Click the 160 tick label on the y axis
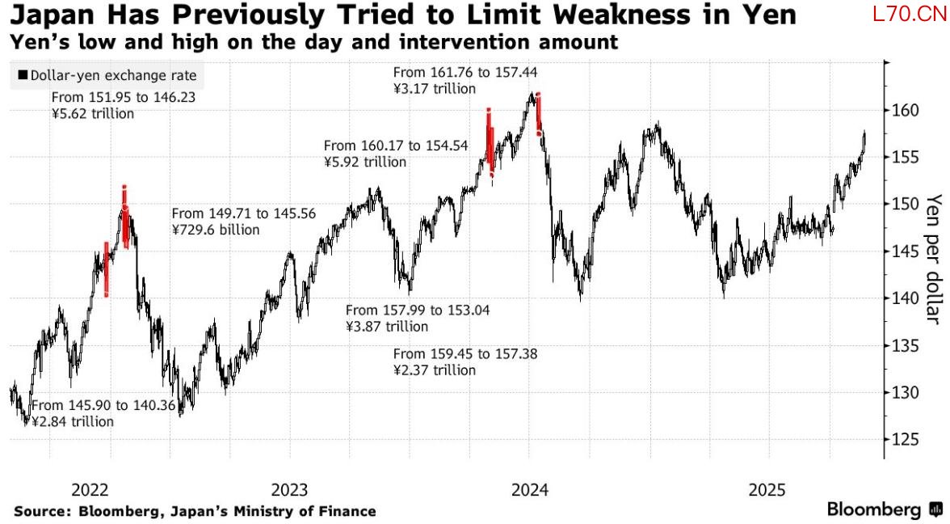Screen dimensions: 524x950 pos(906,110)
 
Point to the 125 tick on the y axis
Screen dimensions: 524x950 pos(906,440)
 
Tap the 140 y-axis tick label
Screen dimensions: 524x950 pos(906,298)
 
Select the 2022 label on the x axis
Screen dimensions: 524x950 pos(90,490)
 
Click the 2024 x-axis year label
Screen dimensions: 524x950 pos(531,490)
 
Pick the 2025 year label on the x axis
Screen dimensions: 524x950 pos(767,490)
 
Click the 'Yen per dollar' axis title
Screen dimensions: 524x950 pos(935,259)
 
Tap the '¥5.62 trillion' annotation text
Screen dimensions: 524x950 pos(93,114)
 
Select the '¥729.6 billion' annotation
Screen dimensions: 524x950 pos(216,230)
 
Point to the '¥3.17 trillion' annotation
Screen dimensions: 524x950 pos(435,89)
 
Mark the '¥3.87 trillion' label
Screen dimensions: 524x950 pos(387,327)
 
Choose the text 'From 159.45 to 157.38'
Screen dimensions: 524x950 pos(465,354)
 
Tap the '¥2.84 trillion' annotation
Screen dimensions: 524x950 pos(73,421)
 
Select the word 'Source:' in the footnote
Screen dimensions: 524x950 pos(40,511)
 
